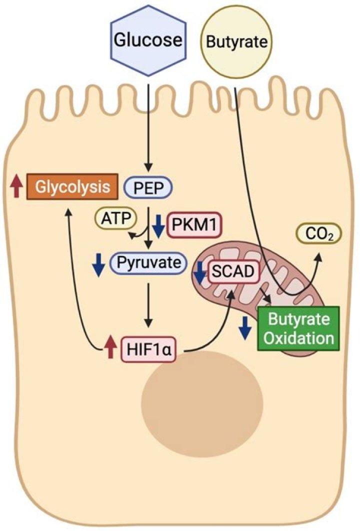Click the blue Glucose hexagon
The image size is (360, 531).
point(147,39)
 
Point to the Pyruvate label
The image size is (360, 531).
point(148,261)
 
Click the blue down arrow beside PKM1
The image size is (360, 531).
point(159,226)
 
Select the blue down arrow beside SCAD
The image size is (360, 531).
point(199,271)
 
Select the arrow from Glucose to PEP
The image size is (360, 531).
point(148,125)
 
